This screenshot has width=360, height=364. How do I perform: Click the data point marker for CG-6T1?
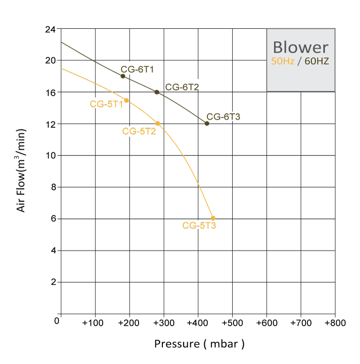click(123, 76)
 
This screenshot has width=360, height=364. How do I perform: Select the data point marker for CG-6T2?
click(157, 92)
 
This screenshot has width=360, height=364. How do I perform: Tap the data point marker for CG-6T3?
click(207, 124)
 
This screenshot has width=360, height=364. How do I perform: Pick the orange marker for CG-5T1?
click(126, 100)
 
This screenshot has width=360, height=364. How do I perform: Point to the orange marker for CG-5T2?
click(157, 123)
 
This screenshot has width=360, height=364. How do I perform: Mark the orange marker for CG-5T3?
click(213, 218)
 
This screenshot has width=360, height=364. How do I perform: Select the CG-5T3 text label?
click(199, 226)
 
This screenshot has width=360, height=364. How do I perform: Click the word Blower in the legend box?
click(301, 47)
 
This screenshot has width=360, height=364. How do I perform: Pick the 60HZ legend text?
click(317, 61)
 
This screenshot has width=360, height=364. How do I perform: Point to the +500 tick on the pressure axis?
click(232, 323)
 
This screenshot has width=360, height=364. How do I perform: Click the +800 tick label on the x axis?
click(335, 323)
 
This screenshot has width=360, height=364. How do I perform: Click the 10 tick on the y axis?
click(50, 155)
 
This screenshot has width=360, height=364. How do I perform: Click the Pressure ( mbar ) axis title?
click(199, 344)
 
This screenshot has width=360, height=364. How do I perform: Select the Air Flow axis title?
click(21, 170)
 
